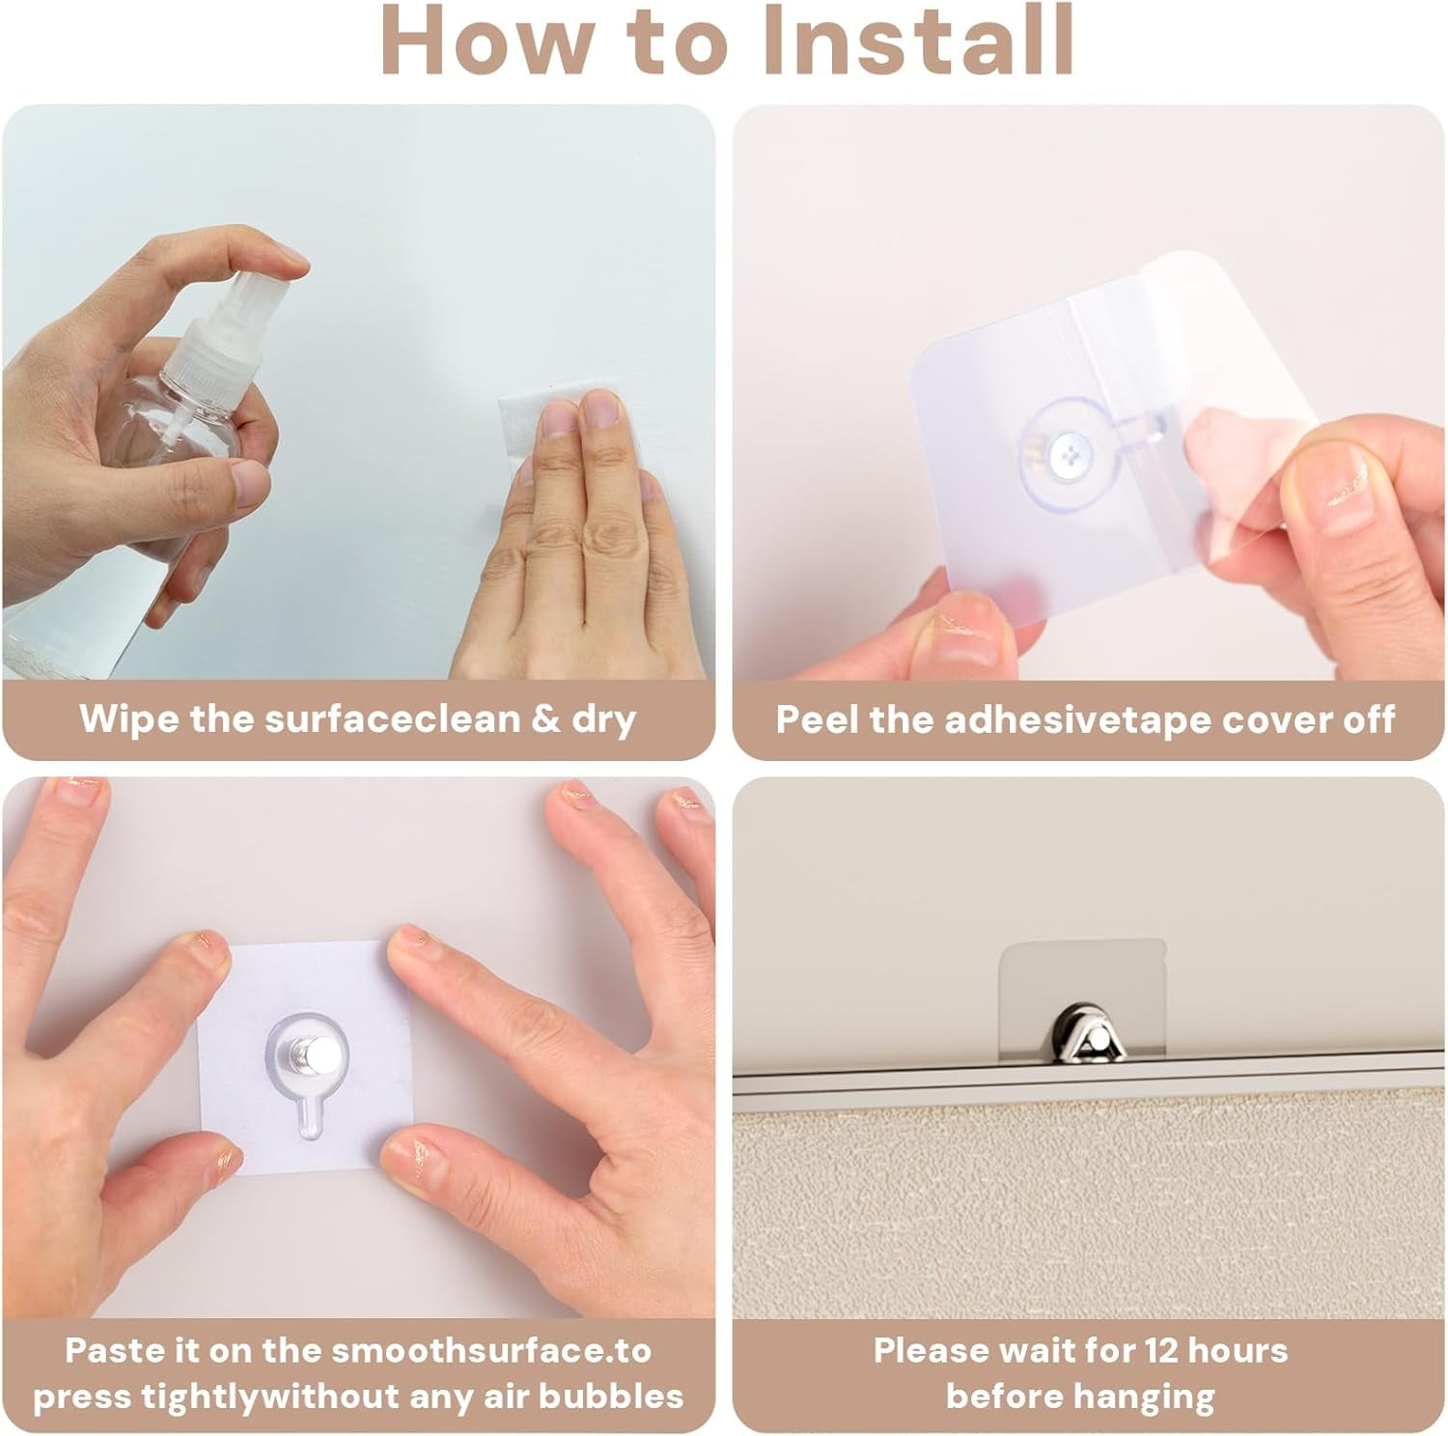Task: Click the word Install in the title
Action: pyautogui.click(x=912, y=40)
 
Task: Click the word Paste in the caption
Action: pyautogui.click(x=106, y=1350)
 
